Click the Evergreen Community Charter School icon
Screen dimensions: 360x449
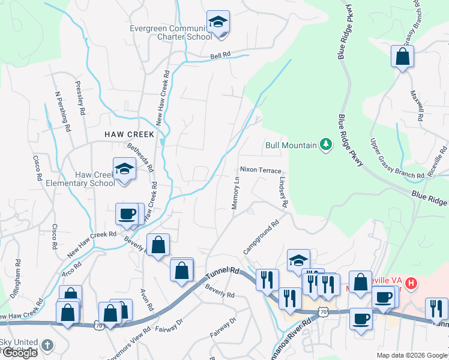click(x=217, y=23)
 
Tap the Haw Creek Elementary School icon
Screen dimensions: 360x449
click(x=124, y=169)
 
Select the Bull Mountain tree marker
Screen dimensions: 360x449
click(x=326, y=144)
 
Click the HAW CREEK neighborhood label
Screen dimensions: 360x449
click(x=129, y=135)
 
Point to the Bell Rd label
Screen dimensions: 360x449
click(x=220, y=55)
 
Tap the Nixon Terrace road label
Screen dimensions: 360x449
click(x=261, y=170)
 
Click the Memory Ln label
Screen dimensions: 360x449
click(x=236, y=193)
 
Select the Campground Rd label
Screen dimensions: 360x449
click(x=262, y=237)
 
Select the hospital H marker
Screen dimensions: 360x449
click(x=411, y=282)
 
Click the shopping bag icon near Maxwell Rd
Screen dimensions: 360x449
click(x=402, y=58)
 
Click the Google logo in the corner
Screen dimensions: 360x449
click(x=20, y=353)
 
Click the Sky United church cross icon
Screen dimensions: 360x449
click(x=47, y=346)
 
